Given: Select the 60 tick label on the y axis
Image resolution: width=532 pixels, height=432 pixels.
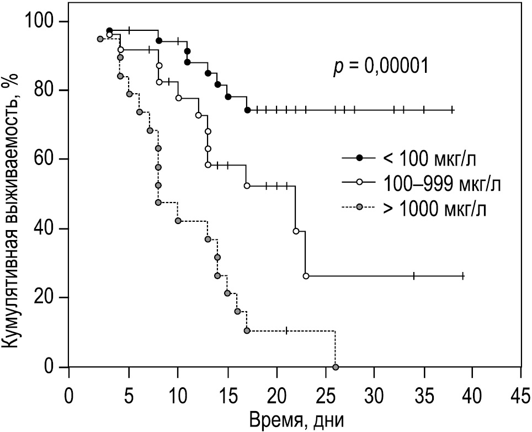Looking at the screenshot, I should tap(44, 159).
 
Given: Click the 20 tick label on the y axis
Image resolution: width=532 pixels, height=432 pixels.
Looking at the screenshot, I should tap(44, 298).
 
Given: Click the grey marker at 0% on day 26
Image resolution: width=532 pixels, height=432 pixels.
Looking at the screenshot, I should tap(336, 367).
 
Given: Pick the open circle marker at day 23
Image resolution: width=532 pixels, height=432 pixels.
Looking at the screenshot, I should tap(306, 276).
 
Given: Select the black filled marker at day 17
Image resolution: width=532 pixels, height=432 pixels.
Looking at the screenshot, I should tap(247, 110).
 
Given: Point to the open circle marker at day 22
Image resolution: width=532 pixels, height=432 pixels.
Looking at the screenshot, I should tap(296, 231).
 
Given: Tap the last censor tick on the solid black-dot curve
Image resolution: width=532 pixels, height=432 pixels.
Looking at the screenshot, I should tap(452, 110).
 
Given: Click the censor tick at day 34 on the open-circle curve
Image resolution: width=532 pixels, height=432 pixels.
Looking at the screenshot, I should tap(414, 276).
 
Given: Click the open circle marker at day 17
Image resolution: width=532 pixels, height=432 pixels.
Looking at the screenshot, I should tap(247, 186).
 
